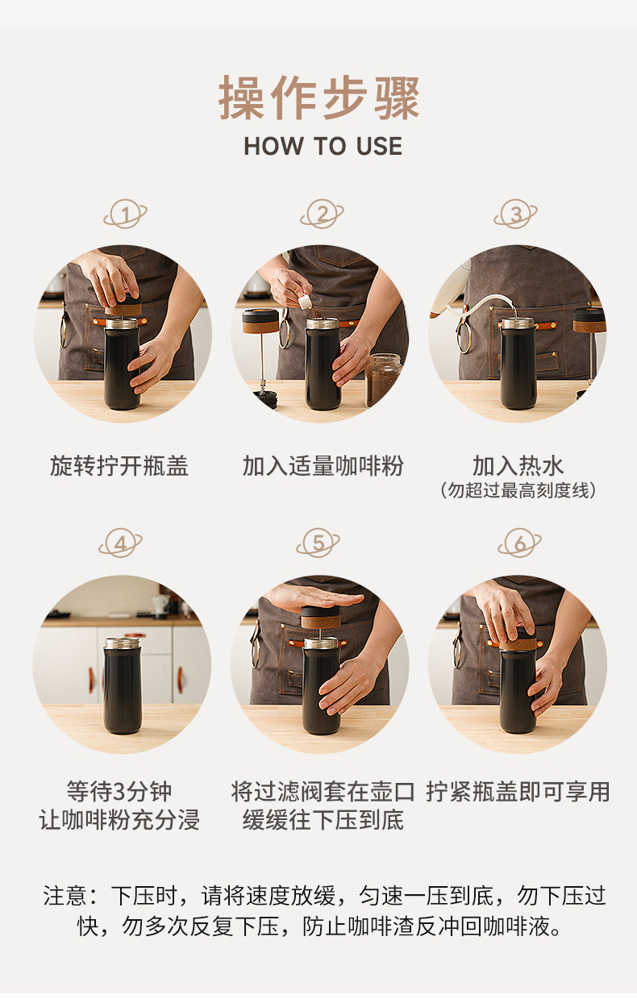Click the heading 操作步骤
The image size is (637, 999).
(x=318, y=98)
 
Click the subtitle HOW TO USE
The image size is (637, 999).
(x=323, y=146)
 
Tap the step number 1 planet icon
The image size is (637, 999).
(x=125, y=214)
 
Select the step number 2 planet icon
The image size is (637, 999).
(x=322, y=214)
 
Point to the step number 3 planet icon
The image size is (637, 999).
(x=516, y=214)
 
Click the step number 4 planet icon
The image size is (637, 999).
(x=120, y=543)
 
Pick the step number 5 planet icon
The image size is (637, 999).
(x=318, y=543)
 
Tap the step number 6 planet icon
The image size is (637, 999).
(x=520, y=543)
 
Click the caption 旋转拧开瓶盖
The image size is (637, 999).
(x=119, y=466)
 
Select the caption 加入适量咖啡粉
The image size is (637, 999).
(x=323, y=466)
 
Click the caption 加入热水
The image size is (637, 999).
(x=518, y=466)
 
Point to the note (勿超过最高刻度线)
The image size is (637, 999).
(x=518, y=490)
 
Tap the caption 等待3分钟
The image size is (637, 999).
(x=119, y=792)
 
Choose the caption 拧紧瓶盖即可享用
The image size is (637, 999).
(x=518, y=792)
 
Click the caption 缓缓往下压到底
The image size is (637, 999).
(x=323, y=820)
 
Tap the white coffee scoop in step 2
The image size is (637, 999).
(x=305, y=302)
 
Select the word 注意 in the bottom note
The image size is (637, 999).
(x=65, y=896)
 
